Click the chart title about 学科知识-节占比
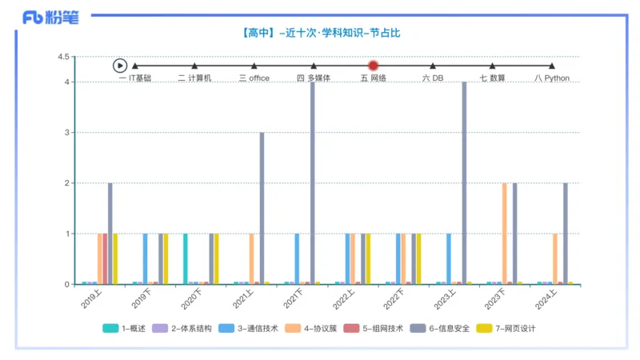[320, 33]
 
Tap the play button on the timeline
[120, 66]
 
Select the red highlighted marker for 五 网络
[373, 66]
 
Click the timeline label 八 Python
[552, 78]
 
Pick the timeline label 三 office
[254, 78]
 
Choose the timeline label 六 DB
[433, 78]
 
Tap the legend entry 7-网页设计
[506, 329]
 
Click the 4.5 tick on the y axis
[64, 57]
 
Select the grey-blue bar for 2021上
[262, 208]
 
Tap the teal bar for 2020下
[186, 258]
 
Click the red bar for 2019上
[105, 258]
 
